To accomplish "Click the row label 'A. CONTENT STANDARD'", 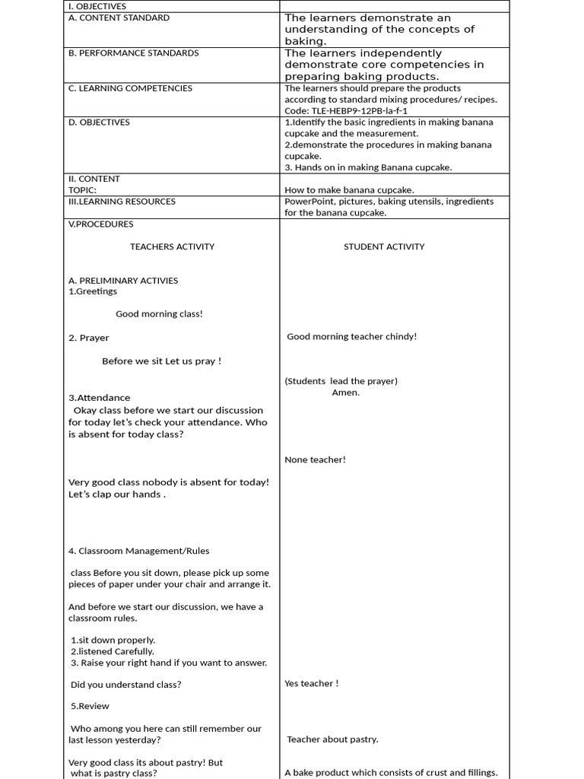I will tap(119, 17).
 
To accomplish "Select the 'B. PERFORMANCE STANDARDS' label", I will tap(133, 53).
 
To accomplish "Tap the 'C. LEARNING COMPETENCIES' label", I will tap(131, 88).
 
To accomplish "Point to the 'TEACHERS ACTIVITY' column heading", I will tap(172, 246).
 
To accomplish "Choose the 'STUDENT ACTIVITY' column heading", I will tap(384, 246).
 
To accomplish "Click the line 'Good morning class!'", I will tap(159, 314).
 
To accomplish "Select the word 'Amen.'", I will tap(346, 393).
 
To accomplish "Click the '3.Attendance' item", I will tap(99, 398).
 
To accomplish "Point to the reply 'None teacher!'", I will tap(315, 459).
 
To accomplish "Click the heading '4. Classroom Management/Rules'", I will tap(138, 551).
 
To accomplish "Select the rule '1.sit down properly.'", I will tap(113, 641).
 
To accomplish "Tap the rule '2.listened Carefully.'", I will tap(113, 651).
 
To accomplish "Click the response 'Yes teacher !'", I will tap(311, 683).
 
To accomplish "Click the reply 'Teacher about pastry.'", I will tap(332, 739).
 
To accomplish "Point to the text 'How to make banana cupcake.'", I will tap(349, 190).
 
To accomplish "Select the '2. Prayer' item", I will tap(88, 338).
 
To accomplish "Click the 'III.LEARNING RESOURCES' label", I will tap(122, 202).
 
